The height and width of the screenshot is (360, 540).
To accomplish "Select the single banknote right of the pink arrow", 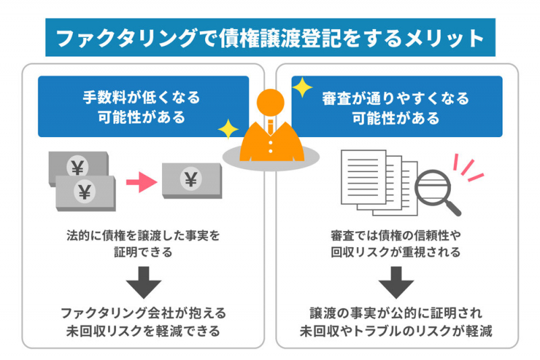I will pos(192,180).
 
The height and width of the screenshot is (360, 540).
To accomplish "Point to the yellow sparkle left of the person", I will pos(228,128).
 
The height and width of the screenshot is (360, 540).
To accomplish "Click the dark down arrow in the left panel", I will pos(143,282).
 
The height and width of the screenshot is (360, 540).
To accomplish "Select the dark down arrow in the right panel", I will pos(396,282).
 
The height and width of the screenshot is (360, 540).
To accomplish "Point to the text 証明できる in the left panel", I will pos(143,253).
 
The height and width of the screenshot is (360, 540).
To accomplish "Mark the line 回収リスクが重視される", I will pos(396,253).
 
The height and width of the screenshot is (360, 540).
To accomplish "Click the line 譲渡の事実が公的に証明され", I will pos(396,313).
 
